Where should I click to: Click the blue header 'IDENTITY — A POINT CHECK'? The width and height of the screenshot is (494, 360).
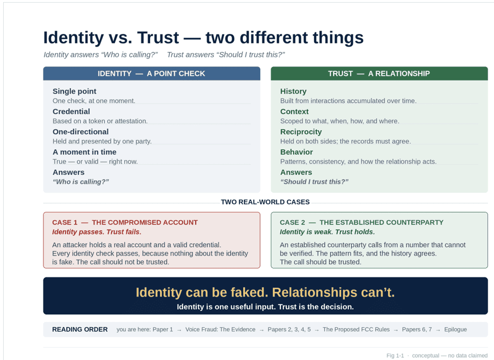point(152,74)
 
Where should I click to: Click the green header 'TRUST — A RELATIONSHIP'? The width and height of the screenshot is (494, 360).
point(379,74)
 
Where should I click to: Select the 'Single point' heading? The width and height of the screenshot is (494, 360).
point(75,92)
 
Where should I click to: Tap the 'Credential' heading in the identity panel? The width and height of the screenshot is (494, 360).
point(71,112)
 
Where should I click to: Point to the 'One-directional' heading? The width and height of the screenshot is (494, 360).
point(80,132)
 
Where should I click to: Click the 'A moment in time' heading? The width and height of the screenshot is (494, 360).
point(85,152)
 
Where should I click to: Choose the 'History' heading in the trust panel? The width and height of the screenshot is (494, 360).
point(294,92)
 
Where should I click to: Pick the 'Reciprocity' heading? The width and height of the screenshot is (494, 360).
point(301,132)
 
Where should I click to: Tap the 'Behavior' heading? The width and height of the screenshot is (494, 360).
point(297,152)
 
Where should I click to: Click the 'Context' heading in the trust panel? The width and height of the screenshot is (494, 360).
point(295,112)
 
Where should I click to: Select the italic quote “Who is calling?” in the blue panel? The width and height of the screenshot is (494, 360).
point(80,182)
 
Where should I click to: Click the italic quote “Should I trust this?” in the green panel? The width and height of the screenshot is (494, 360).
point(314,182)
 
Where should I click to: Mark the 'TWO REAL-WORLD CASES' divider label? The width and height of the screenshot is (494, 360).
point(266,202)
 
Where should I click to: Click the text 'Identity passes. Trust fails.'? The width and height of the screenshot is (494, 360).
point(97,232)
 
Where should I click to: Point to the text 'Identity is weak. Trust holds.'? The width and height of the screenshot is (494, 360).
point(327,232)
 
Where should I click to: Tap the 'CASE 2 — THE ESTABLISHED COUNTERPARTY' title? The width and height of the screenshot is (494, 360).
point(361,222)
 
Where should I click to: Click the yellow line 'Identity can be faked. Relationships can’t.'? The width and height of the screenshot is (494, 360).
point(266,293)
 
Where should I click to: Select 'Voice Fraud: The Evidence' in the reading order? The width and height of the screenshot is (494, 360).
point(220,329)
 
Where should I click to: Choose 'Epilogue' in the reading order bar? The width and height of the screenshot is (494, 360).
point(455,329)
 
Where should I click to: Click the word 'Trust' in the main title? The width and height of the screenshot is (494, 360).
point(158,38)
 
